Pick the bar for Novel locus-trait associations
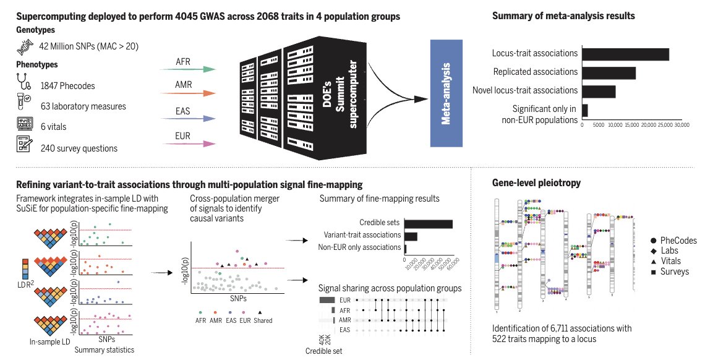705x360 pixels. (599, 92)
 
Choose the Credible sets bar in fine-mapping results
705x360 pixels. (429, 223)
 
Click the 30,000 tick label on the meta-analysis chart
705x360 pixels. (680, 125)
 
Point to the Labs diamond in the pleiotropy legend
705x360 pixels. (654, 251)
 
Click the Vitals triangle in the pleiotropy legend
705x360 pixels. (654, 262)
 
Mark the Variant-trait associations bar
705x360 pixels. (411, 236)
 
